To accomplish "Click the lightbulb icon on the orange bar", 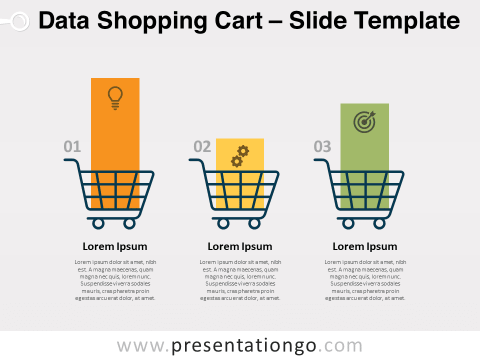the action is click(115, 98).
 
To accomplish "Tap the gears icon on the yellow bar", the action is click(240, 156).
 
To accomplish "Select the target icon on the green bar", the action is click(364, 121).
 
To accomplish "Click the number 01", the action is click(72, 146).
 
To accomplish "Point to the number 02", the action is click(202, 146).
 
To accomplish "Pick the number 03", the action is click(322, 146).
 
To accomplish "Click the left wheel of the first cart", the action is click(98, 224).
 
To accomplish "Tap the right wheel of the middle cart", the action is click(254, 224).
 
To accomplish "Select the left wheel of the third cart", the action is click(348, 224).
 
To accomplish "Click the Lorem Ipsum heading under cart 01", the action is click(115, 246).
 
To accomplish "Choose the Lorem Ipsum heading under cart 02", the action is click(240, 246).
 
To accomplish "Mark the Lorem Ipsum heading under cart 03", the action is click(365, 246).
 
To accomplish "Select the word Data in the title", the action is click(64, 20).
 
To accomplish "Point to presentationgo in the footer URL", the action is click(243, 346).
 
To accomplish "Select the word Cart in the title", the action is click(238, 20).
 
